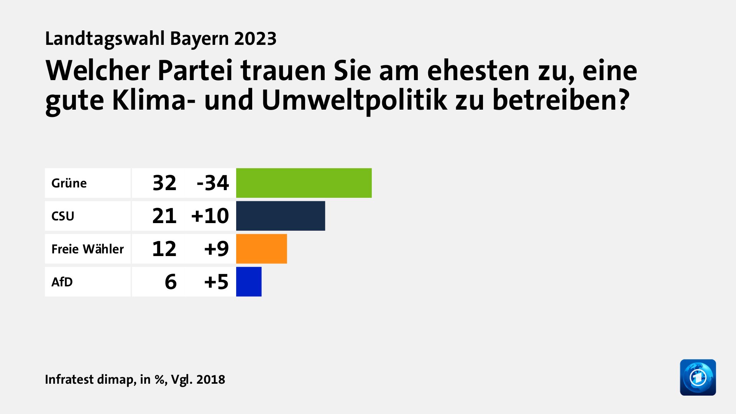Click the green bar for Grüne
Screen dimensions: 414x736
(304, 183)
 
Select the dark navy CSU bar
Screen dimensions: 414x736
(280, 216)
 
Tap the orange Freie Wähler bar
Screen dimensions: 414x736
(261, 249)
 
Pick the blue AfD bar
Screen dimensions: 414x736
(249, 282)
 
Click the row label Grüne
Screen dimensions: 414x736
(69, 183)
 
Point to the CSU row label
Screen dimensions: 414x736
(63, 216)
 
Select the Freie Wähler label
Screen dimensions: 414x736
(87, 249)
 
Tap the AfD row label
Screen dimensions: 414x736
(62, 282)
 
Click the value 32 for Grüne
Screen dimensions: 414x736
(164, 183)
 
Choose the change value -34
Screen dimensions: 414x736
(213, 183)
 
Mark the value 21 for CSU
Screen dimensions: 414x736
(164, 216)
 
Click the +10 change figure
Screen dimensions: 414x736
(210, 216)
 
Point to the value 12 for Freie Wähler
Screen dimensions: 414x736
(164, 249)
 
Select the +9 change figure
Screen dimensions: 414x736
(217, 249)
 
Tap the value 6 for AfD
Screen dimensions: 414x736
(171, 282)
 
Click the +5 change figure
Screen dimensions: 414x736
(217, 282)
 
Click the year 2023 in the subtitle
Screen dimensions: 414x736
(255, 39)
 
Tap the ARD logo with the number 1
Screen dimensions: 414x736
(698, 377)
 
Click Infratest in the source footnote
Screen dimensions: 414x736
(69, 379)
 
